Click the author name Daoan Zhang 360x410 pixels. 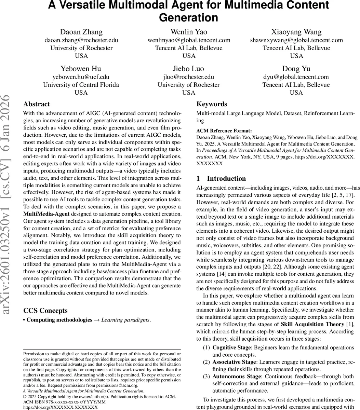click(81, 32)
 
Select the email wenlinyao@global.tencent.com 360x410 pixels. click(189, 40)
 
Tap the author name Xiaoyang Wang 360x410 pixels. click(296, 32)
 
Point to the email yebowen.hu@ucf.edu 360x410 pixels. click(81, 77)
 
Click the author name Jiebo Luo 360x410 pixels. click(189, 69)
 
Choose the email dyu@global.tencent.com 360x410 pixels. click(296, 77)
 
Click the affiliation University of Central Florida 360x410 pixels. click(81, 85)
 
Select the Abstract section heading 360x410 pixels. click(37, 104)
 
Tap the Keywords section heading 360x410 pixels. click(212, 104)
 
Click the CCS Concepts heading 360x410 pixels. click(45, 311)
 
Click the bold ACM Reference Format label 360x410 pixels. click(224, 131)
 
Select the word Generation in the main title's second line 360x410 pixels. click(189, 17)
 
